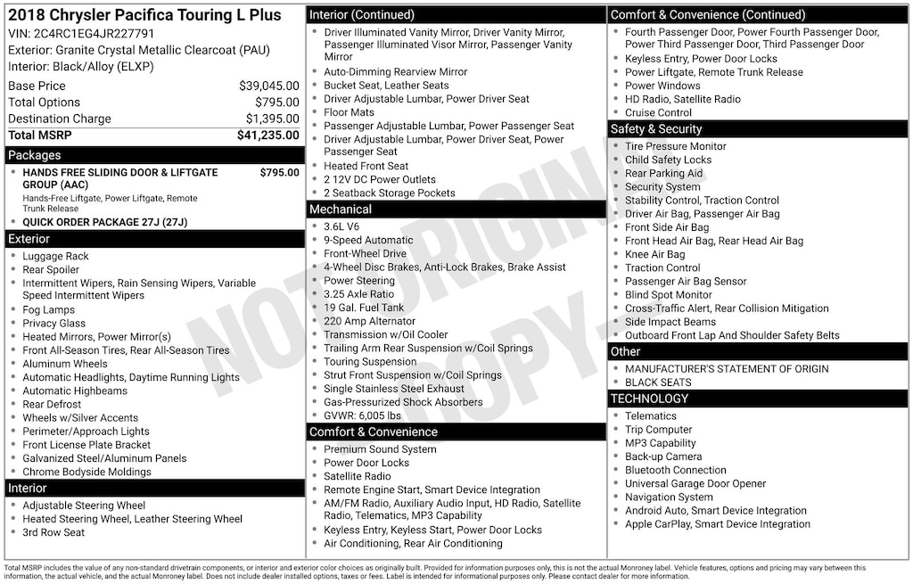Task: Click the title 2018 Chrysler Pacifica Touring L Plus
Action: pyautogui.click(x=144, y=15)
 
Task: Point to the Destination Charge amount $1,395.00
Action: pyautogui.click(x=272, y=119)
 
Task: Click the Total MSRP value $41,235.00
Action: pyautogui.click(x=267, y=136)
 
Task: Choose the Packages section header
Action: pyautogui.click(x=35, y=155)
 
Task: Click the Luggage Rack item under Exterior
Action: pyautogui.click(x=55, y=257)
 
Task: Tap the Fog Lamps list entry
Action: pyautogui.click(x=48, y=310)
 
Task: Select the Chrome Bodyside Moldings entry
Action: pyautogui.click(x=86, y=472)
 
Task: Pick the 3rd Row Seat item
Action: pyautogui.click(x=53, y=532)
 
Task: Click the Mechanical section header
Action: pyautogui.click(x=341, y=210)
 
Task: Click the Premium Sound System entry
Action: pyautogui.click(x=380, y=449)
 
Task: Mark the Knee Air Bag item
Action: pyautogui.click(x=655, y=254)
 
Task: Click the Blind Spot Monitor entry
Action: pyautogui.click(x=669, y=295)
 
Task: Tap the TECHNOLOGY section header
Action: pyautogui.click(x=650, y=399)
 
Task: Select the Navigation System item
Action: pyautogui.click(x=669, y=498)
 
